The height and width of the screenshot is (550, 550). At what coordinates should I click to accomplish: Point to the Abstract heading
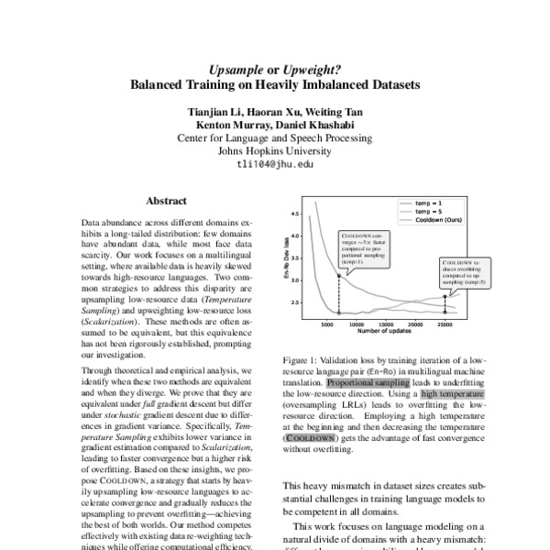(x=166, y=201)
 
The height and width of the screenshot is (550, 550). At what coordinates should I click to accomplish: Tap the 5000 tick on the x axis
(x=328, y=324)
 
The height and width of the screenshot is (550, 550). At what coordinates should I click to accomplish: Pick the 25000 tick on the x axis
(x=445, y=324)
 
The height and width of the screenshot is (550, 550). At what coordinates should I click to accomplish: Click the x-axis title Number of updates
(x=386, y=334)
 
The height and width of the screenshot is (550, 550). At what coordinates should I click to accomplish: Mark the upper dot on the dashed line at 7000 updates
(x=339, y=276)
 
